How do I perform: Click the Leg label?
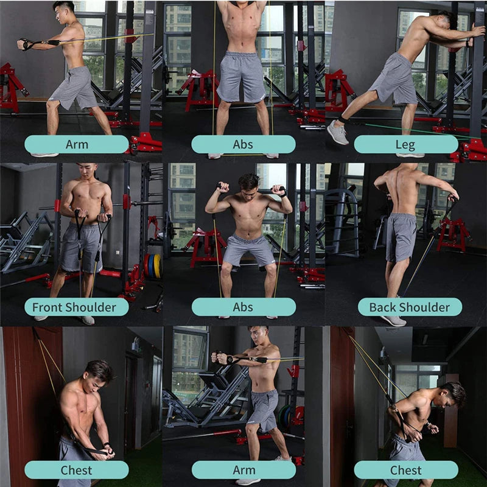tap(405, 144)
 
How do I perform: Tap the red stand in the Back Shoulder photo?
tap(452, 234)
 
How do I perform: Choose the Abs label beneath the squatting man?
tap(243, 307)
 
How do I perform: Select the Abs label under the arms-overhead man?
tap(243, 144)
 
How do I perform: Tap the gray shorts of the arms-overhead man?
tap(242, 76)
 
